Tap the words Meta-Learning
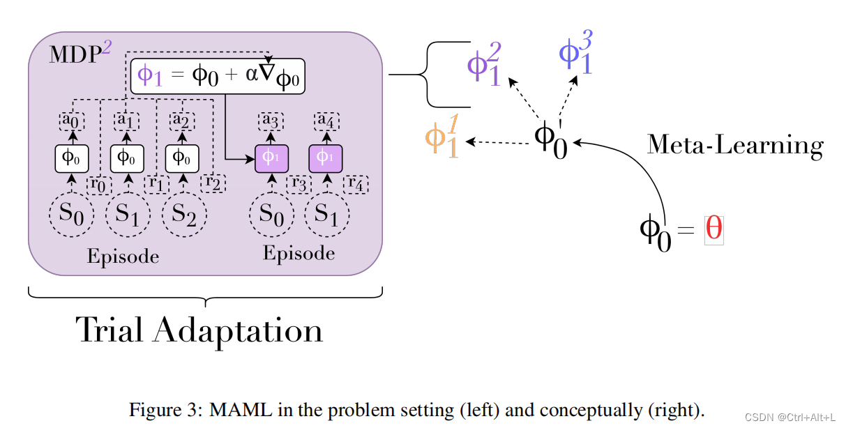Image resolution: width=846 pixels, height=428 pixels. (x=735, y=145)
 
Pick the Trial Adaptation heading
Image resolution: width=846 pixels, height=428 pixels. (x=200, y=330)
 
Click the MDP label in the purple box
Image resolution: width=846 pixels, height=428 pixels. (x=75, y=55)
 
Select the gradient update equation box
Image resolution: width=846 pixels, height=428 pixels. (x=219, y=76)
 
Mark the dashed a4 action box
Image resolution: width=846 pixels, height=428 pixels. (x=324, y=121)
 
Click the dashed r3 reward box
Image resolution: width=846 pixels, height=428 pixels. (x=299, y=184)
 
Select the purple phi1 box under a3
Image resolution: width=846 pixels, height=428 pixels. (x=272, y=157)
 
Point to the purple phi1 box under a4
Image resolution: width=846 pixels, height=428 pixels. (x=324, y=157)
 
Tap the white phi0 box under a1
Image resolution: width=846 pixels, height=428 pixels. (x=127, y=157)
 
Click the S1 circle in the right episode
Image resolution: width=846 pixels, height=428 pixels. (x=325, y=215)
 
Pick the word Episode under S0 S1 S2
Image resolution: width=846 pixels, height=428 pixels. (x=123, y=257)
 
